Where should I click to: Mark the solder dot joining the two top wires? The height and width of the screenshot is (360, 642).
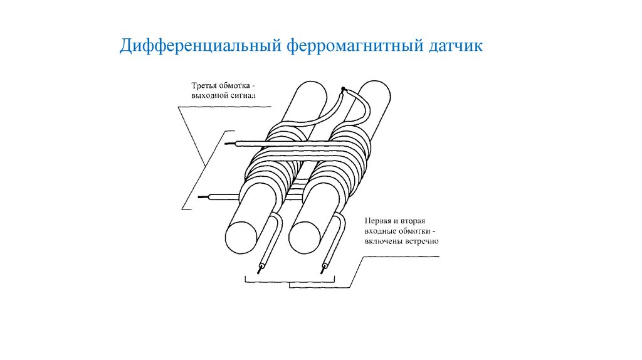(x=343, y=89)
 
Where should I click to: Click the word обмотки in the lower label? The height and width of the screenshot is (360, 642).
(x=411, y=231)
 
